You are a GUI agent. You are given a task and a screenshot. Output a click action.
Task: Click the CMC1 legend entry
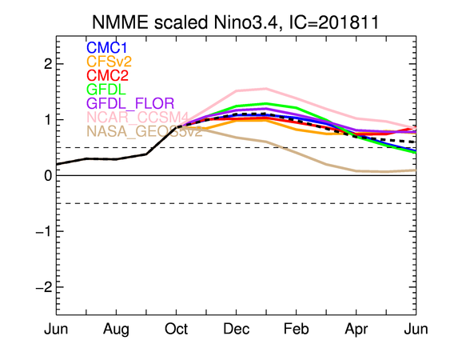(107, 48)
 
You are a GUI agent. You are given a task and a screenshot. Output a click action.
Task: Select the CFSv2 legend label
(109, 62)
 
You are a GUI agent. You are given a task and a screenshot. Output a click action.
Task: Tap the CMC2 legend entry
(107, 75)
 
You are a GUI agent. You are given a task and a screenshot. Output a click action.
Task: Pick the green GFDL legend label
(106, 90)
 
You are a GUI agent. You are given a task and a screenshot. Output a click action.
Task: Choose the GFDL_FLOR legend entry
(130, 103)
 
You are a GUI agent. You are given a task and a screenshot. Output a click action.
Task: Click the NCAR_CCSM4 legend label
(137, 118)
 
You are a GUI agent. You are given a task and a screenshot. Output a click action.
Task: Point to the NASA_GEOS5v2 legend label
(145, 131)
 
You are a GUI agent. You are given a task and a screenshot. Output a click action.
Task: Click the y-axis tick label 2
(48, 64)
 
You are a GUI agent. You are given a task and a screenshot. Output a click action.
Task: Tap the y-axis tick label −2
(44, 287)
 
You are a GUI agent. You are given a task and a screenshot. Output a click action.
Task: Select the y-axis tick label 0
(48, 175)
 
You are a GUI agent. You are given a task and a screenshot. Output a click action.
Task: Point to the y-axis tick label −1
(44, 231)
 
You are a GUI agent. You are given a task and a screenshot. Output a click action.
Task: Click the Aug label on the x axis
(116, 330)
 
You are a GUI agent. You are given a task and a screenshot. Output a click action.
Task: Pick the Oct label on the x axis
(176, 329)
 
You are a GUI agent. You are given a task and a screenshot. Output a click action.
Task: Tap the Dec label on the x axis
(237, 329)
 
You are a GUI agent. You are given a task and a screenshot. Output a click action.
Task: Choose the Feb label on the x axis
(297, 329)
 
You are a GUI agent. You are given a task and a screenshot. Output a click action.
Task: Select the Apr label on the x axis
(356, 330)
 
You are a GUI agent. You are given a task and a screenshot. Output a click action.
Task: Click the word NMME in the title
(121, 22)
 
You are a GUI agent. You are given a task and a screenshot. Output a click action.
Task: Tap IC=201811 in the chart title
(334, 22)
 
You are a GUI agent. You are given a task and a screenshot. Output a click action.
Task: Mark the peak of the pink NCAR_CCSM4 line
(266, 89)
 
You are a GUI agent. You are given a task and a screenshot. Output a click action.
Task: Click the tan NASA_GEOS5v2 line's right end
(416, 170)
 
